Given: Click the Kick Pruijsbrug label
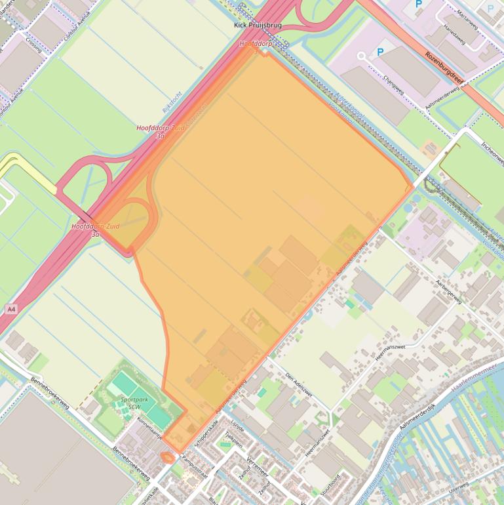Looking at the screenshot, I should point(258,26).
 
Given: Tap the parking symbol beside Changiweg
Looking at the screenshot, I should point(379,52).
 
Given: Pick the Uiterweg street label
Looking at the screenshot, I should point(459,486).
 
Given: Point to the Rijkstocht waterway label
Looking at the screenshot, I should point(172,102).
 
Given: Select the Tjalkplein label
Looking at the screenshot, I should point(233,439).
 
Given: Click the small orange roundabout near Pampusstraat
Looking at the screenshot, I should point(168,456).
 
